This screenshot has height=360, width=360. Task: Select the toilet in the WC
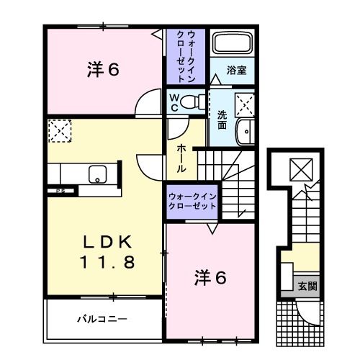coord(192,101)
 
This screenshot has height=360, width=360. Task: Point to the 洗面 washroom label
coord(222,118)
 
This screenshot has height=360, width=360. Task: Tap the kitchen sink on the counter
coord(97,174)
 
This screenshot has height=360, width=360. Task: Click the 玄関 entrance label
coord(307,286)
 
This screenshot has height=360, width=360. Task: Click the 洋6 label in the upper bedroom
coord(102,70)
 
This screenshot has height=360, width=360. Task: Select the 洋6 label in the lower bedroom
coord(212,276)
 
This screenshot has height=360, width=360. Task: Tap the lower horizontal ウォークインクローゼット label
coord(192,200)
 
